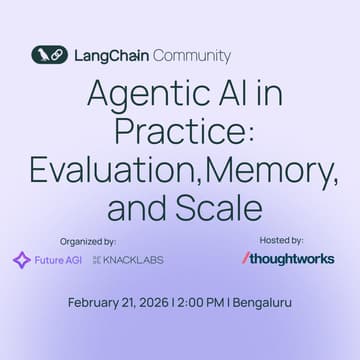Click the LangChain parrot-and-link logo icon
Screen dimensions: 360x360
49,56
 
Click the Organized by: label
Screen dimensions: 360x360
87,241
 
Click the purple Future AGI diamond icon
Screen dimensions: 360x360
21,260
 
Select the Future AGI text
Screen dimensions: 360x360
57,260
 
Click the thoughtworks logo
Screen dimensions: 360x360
289,258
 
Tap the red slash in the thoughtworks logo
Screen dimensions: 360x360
246,258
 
